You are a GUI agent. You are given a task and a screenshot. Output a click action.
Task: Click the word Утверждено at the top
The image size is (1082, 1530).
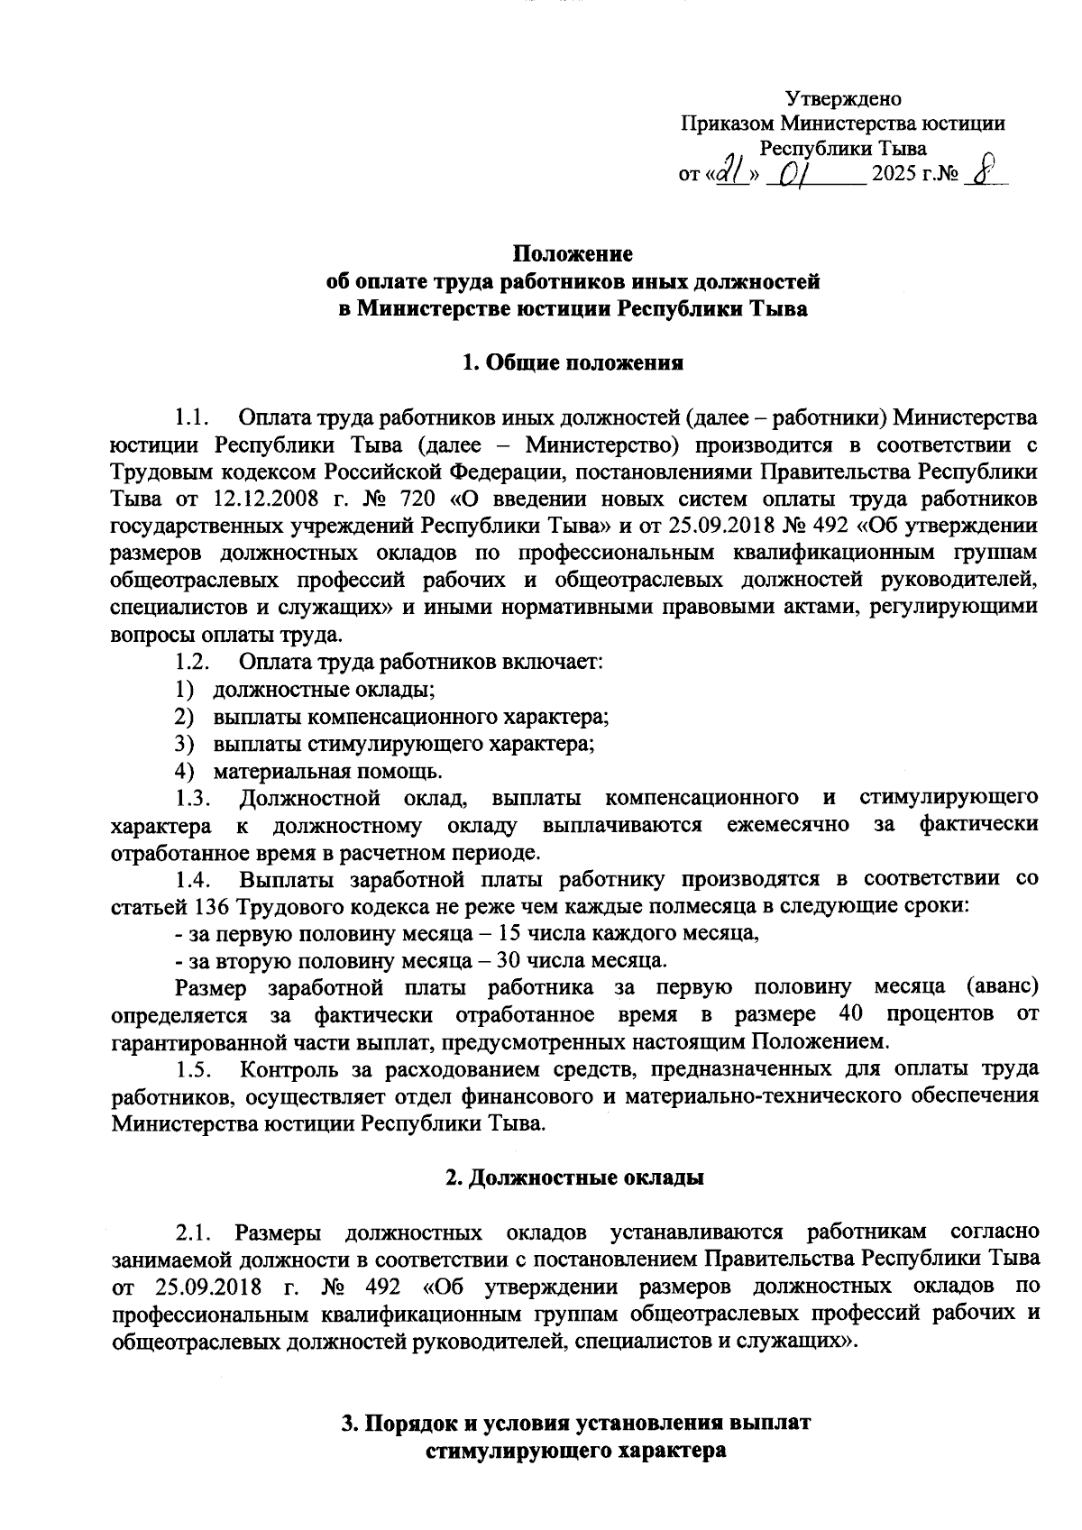point(843,98)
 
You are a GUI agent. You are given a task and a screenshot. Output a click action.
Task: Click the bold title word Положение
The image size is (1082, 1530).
point(573,253)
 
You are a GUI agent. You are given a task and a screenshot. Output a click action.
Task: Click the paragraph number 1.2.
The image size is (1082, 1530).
point(193,662)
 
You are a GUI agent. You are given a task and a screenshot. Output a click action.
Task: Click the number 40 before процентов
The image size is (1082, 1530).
point(850,1013)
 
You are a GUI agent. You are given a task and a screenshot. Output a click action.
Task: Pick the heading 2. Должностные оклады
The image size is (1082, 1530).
point(574,1177)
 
